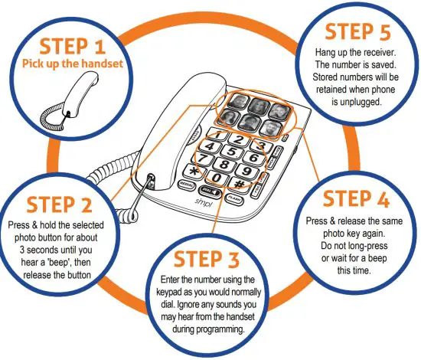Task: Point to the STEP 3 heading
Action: (208, 259)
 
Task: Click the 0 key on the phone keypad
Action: (217, 178)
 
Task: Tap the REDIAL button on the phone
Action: (184, 185)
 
